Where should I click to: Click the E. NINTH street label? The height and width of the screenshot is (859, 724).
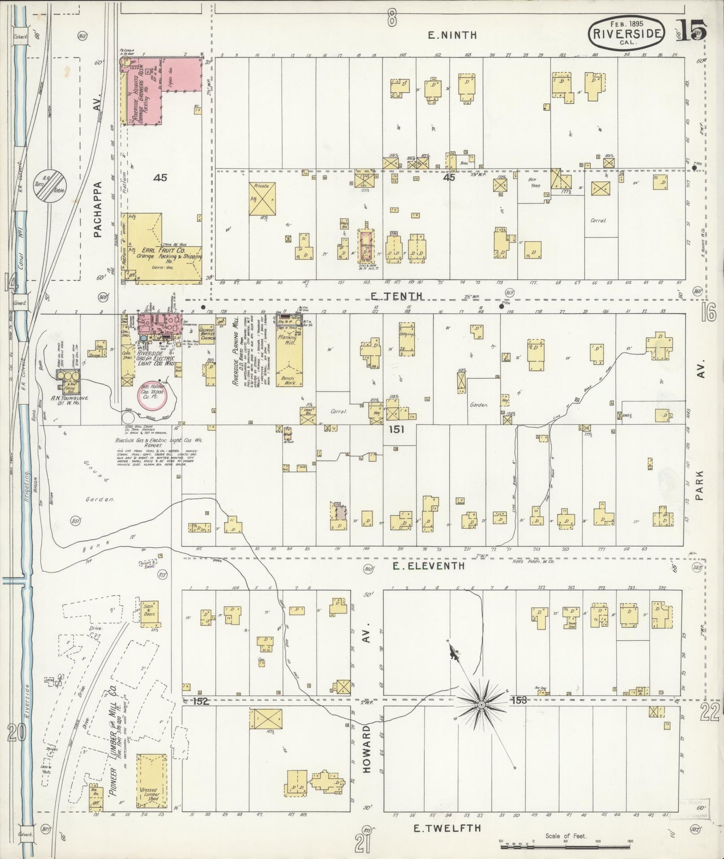point(452,35)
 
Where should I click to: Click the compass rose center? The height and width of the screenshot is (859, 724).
point(481,705)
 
